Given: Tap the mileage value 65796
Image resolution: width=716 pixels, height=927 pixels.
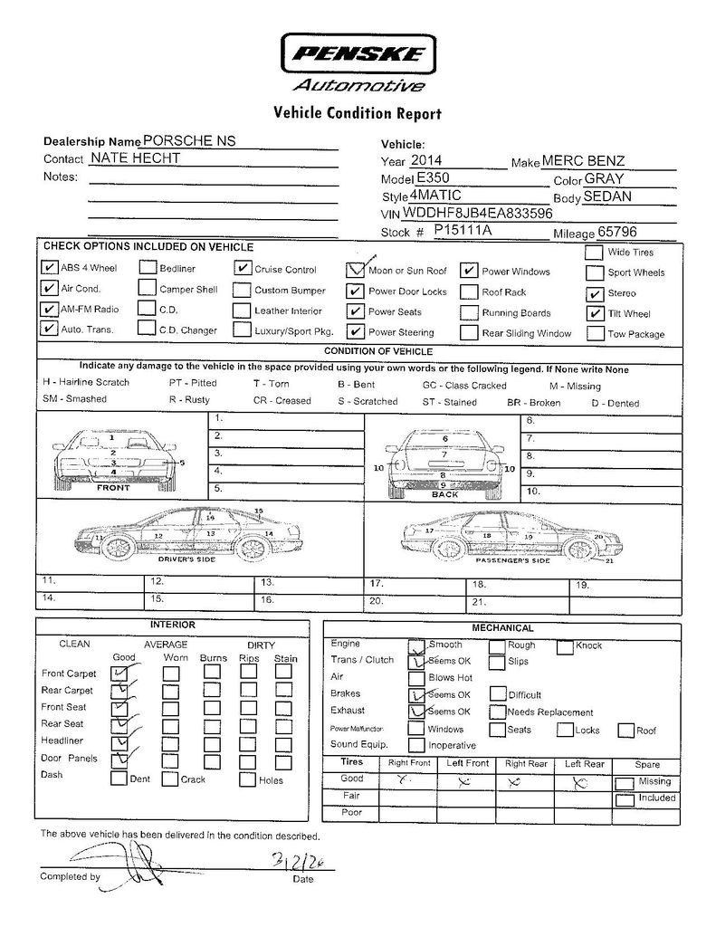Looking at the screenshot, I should pos(612,232).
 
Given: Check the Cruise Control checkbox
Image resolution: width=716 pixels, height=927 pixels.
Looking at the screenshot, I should pos(242,269).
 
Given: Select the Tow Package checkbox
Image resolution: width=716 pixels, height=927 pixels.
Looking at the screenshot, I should pos(595,333).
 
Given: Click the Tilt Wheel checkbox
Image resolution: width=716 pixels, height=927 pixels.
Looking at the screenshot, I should pos(595,313).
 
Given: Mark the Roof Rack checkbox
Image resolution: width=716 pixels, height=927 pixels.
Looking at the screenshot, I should pos(468,292).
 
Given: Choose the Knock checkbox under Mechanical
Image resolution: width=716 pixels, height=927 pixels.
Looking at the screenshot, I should pos(565,646).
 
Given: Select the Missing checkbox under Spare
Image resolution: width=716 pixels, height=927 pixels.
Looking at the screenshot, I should pos(624,783).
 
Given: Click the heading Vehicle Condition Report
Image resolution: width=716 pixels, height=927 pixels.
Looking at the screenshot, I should pos(357,113).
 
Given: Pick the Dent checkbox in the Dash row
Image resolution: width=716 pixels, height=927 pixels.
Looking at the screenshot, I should pos(119,778).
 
